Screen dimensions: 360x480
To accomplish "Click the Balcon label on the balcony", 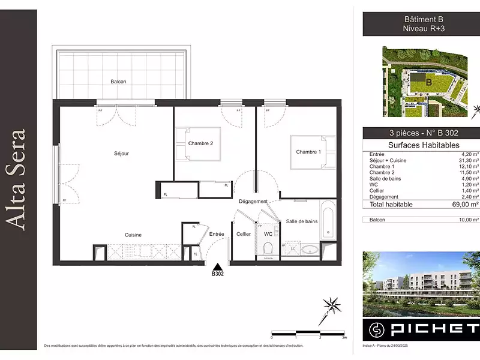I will point(118,82).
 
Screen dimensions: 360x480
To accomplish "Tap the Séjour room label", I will point(121,154).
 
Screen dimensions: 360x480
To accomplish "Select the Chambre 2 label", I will point(200,143).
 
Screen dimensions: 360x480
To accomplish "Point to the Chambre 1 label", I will point(308,152).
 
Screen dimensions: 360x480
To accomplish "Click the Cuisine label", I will point(133,235).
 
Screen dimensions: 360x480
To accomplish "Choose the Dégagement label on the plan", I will point(253,201).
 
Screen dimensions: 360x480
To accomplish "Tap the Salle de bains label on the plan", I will point(301,221).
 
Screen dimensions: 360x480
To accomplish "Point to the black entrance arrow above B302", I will point(218,266).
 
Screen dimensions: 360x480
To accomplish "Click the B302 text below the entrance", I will point(218,274).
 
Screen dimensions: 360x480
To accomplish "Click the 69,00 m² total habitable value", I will point(466,205).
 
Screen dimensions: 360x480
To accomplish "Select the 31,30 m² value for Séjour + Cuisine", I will point(467,160).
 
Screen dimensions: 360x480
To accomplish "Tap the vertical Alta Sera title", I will point(18,178).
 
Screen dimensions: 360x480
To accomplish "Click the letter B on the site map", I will point(428,82).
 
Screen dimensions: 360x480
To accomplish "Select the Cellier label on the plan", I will point(243,234).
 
